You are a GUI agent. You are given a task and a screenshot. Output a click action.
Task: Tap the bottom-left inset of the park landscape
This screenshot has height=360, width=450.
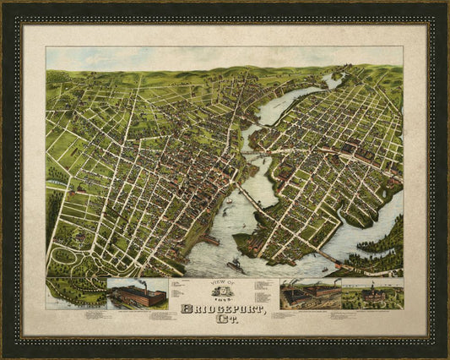tap(76, 292)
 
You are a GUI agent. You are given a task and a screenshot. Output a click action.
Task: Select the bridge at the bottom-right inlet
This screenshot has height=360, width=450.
tap(329, 257)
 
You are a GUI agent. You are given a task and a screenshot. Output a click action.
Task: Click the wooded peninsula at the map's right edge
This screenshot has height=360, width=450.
tap(390, 241)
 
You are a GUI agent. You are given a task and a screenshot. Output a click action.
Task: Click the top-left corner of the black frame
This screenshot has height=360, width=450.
tap(4, 4)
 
